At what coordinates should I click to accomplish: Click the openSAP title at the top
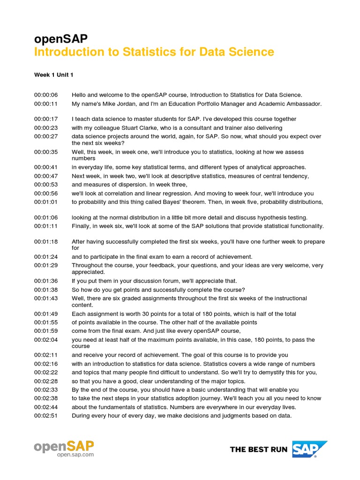(x=60, y=39)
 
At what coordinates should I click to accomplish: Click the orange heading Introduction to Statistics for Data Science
(x=154, y=52)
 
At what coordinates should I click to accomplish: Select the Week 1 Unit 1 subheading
(x=53, y=75)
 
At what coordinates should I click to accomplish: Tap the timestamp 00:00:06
(x=45, y=95)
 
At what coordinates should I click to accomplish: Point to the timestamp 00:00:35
(x=45, y=152)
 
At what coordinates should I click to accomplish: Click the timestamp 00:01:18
(x=45, y=242)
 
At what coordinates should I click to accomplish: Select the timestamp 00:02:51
(x=45, y=415)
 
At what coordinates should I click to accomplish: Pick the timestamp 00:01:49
(x=45, y=314)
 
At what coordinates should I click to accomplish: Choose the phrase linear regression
(x=161, y=194)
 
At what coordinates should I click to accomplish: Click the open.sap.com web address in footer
(x=75, y=454)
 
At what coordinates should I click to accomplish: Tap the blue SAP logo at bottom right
(x=310, y=449)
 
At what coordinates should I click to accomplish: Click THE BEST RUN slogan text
(x=259, y=450)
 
